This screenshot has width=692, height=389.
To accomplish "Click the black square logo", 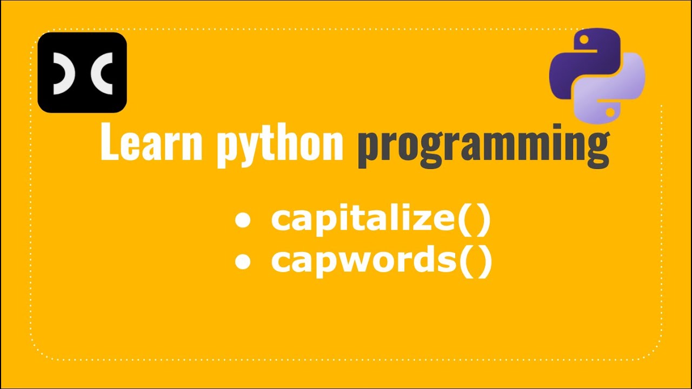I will (x=82, y=72).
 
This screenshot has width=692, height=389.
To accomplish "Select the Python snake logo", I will (x=597, y=74).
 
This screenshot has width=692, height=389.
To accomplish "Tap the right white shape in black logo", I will (x=103, y=73).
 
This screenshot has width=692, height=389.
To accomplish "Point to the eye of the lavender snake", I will (x=610, y=111).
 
